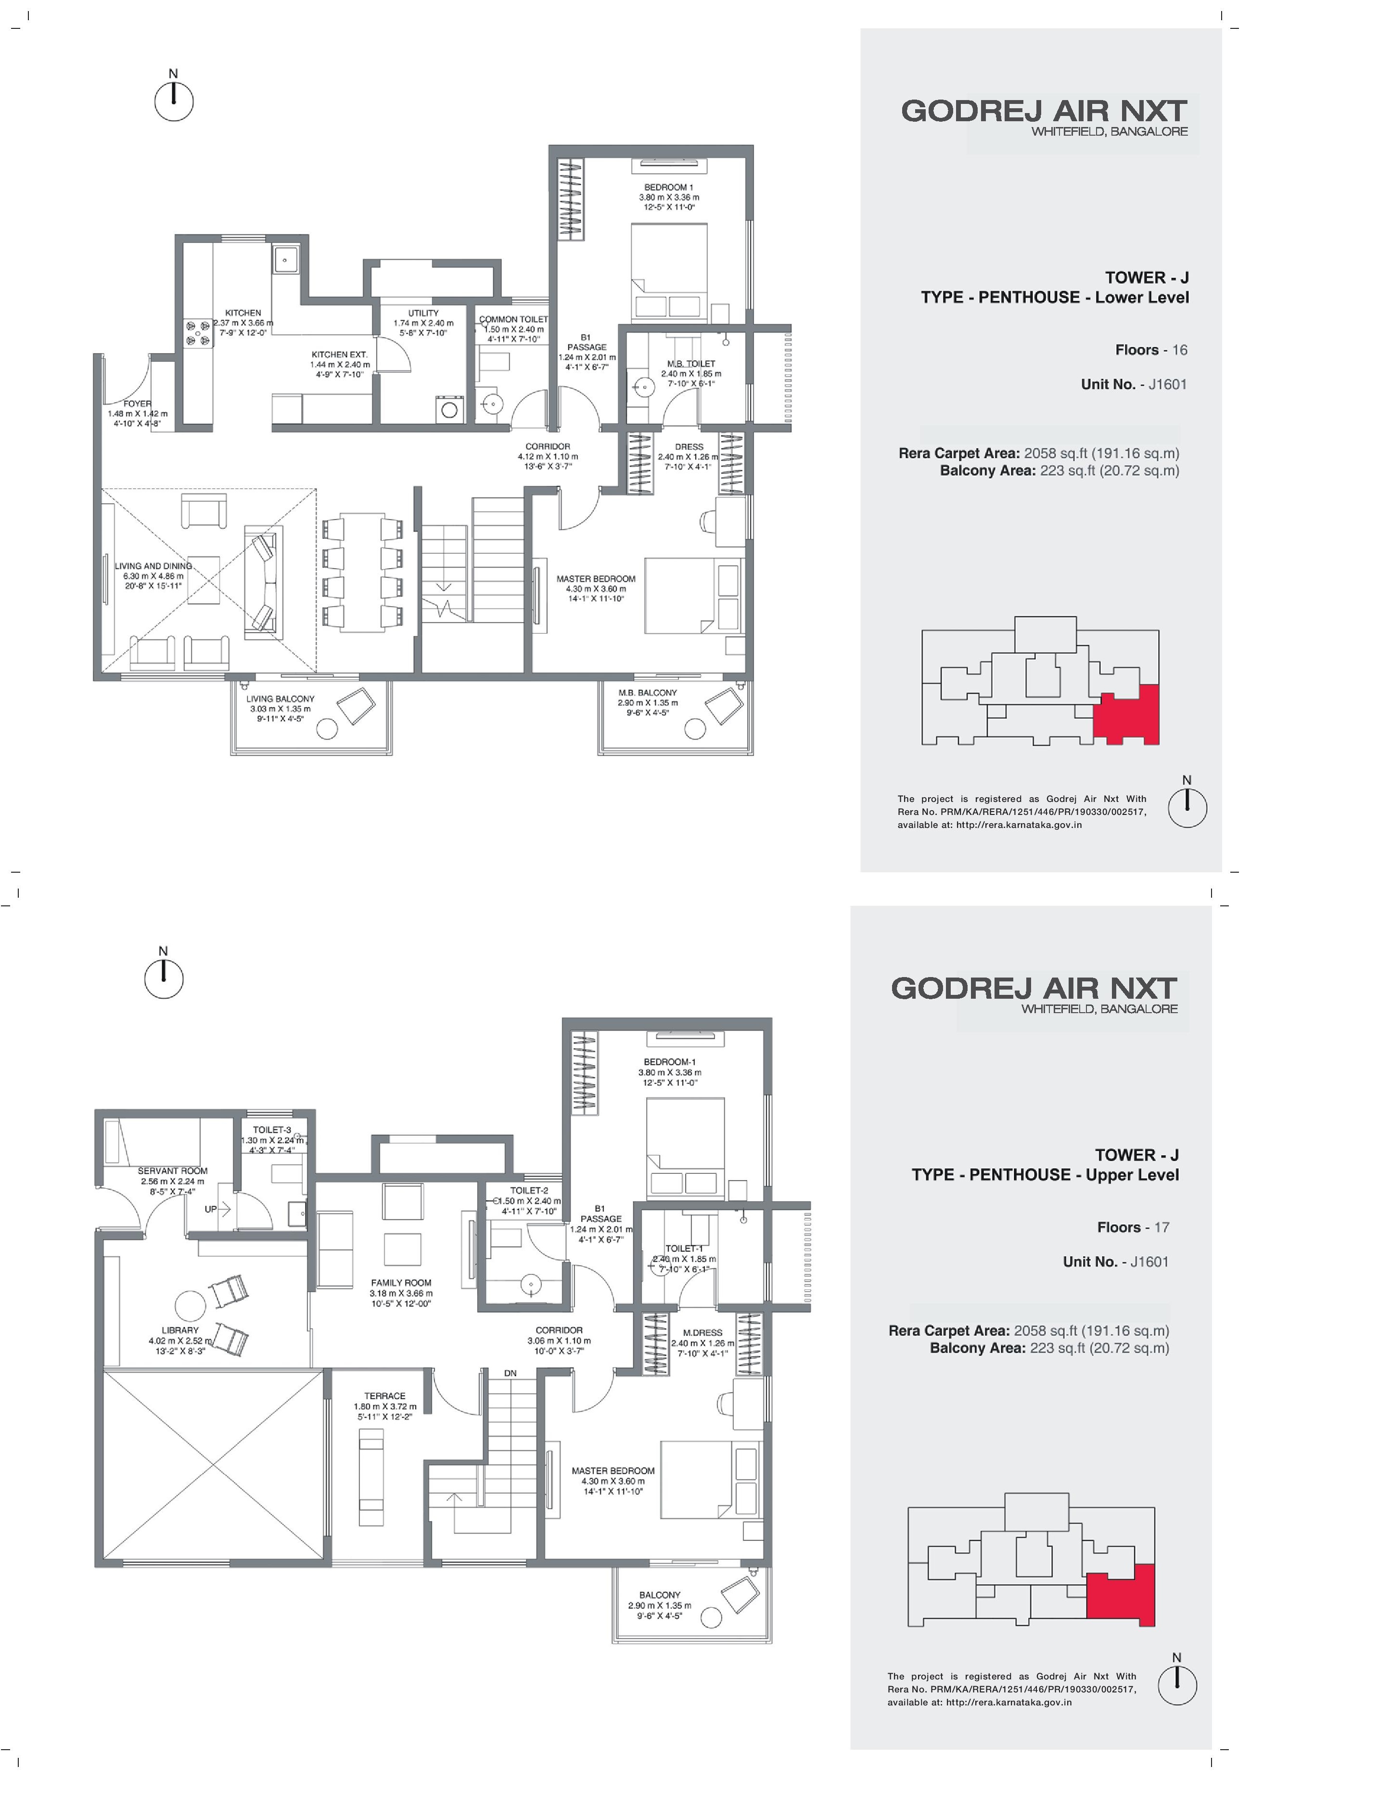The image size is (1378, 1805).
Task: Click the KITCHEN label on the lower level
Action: pos(243,312)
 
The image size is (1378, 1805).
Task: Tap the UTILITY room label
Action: pos(423,312)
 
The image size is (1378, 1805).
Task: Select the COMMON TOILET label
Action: pos(513,319)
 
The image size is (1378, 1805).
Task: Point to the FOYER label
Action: pos(137,404)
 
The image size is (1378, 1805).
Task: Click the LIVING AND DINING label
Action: pos(153,566)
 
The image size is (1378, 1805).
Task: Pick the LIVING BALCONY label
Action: pos(281,699)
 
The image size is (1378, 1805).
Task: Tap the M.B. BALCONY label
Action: pos(648,692)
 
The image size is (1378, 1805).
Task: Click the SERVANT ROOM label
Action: pos(172,1171)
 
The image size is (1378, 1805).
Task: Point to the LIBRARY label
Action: pos(179,1330)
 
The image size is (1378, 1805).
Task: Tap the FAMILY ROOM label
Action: pos(401,1283)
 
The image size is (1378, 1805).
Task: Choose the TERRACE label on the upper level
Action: pos(385,1396)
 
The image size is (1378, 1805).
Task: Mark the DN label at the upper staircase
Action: pos(510,1373)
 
